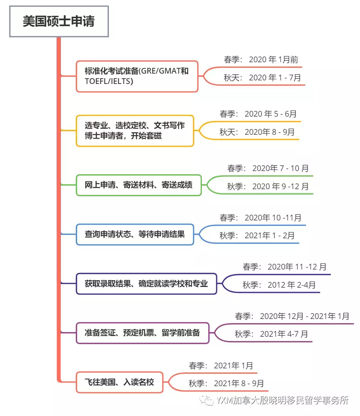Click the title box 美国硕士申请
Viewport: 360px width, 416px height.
pos(59,21)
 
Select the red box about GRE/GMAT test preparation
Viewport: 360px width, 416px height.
pos(137,76)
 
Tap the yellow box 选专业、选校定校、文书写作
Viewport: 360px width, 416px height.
pos(135,130)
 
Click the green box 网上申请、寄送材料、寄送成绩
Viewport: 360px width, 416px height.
pos(139,185)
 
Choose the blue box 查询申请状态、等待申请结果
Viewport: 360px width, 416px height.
pos(135,234)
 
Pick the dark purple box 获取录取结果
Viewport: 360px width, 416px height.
pos(147,284)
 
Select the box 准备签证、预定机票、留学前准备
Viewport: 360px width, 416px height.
pos(143,333)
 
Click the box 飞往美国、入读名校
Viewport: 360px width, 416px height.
pos(120,383)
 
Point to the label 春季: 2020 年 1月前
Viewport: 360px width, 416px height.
pos(261,60)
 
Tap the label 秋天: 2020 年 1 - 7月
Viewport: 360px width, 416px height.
pos(262,78)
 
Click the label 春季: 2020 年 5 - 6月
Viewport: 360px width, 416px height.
pos(258,114)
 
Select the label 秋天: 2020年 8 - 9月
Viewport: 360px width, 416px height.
pos(257,132)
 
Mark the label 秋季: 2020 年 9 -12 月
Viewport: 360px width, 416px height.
pos(268,186)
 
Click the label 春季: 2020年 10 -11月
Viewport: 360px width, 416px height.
pos(260,218)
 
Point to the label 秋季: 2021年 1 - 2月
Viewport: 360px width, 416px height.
pos(257,235)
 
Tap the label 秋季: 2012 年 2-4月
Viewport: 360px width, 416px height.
pos(279,285)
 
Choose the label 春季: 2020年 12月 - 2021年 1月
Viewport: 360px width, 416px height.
pos(292,316)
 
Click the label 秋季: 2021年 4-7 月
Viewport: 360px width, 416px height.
pos(271,334)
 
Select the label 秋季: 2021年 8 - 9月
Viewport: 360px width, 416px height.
pos(226,383)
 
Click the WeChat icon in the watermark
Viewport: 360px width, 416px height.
pos(206,401)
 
